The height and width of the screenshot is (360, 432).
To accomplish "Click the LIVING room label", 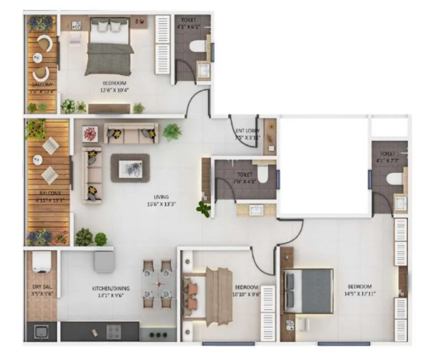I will (162, 196).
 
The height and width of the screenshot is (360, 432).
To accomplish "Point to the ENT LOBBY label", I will (247, 131).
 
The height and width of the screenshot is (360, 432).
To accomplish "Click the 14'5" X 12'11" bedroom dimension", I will (359, 294).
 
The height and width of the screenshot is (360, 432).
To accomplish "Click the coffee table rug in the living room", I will (130, 168).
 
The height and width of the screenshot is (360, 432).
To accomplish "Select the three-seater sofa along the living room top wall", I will (131, 133).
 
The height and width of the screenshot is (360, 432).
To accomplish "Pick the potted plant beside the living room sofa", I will (172, 132).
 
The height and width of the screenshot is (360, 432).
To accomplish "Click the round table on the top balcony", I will (38, 57).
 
